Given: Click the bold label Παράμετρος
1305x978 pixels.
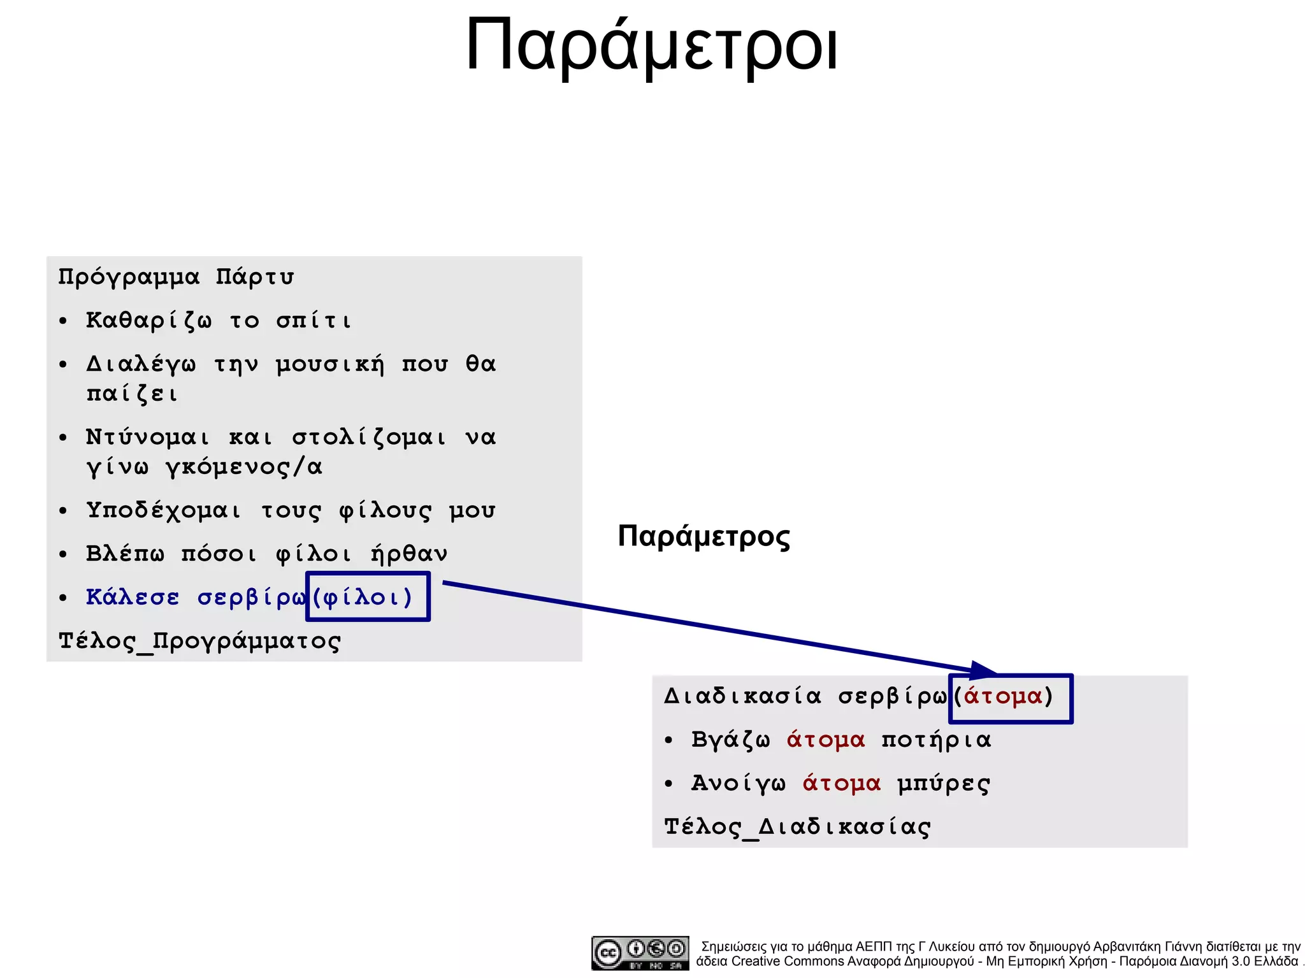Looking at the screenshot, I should [703, 536].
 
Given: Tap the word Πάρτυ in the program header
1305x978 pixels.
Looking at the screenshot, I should [254, 277].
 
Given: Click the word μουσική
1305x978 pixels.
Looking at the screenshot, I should [330, 364].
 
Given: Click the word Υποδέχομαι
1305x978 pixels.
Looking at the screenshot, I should [164, 511].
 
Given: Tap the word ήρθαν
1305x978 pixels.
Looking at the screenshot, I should [408, 554].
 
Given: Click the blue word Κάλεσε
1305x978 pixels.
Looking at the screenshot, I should [133, 598].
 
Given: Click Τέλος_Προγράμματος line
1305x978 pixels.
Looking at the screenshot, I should [199, 641].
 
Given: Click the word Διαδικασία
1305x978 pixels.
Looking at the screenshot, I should [742, 696].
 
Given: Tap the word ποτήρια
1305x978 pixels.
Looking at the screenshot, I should [936, 740].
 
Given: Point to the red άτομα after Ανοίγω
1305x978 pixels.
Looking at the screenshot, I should [841, 784].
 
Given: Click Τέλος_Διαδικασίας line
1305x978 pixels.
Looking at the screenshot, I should [797, 827].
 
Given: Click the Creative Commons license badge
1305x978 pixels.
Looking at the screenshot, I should [639, 953].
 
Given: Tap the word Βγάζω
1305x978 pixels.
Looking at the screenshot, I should [730, 740].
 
